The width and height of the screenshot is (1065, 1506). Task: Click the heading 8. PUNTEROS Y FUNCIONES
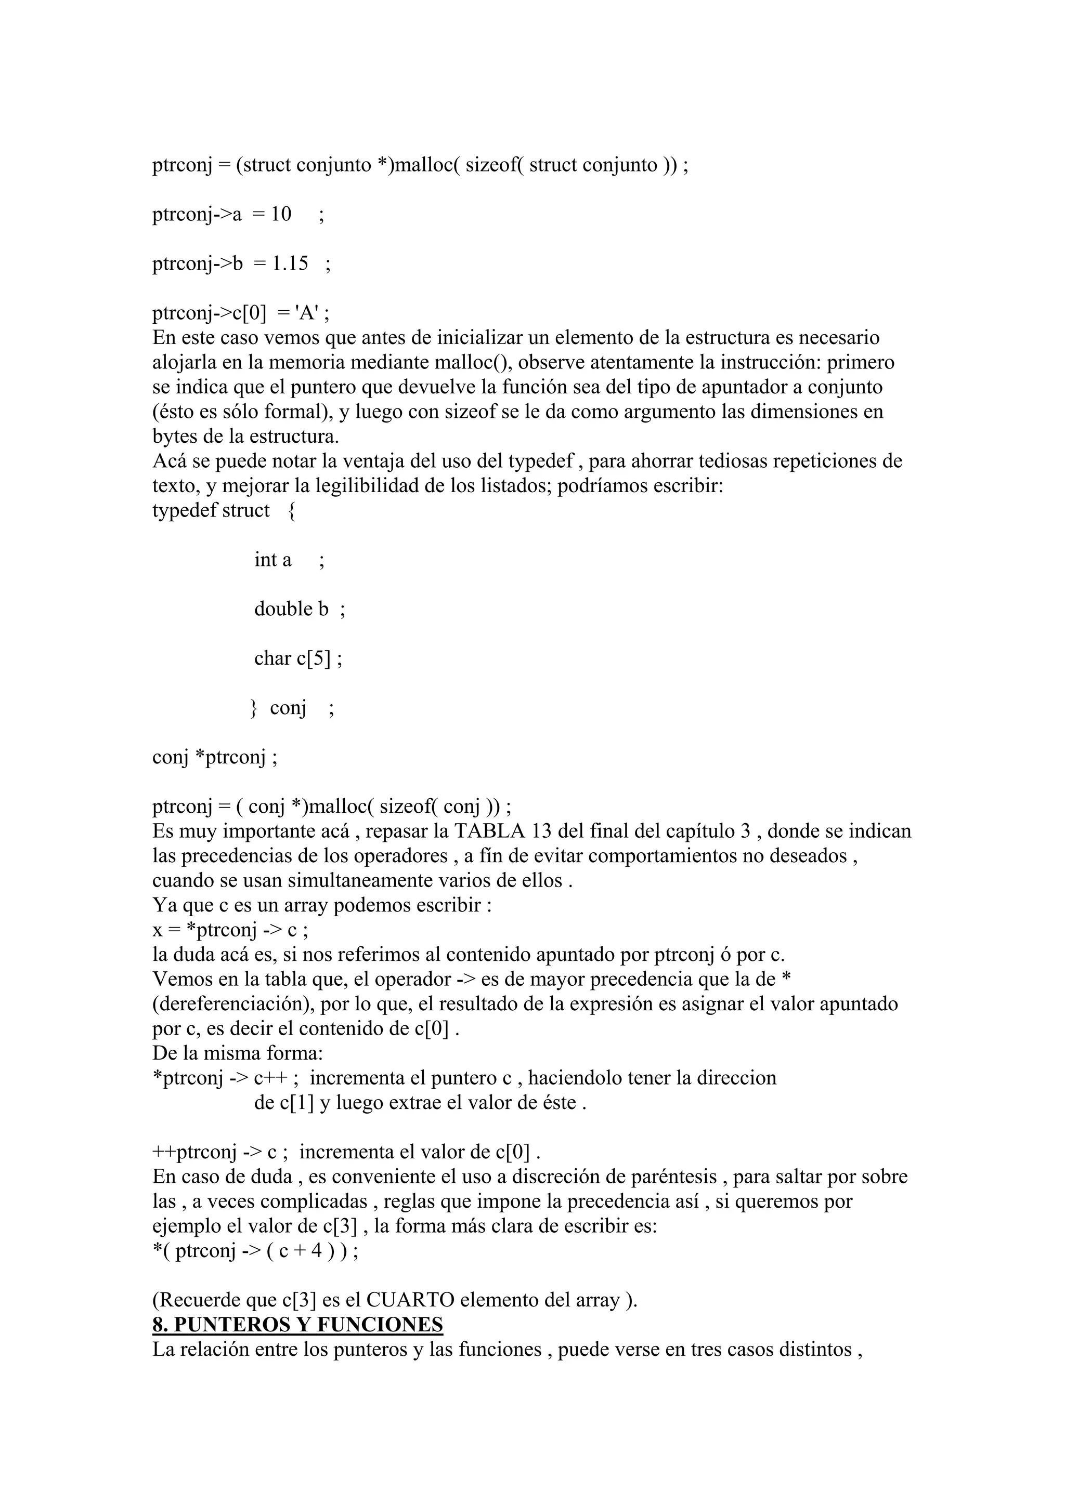pos(297,1324)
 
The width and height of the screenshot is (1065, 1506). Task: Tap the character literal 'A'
pos(306,313)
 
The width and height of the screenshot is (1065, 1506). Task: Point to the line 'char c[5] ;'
pos(298,658)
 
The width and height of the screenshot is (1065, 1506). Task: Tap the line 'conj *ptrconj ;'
pos(215,757)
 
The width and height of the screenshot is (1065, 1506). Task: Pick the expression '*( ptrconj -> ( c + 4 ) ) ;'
pos(255,1251)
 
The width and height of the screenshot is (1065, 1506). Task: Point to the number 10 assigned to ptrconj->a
pos(281,215)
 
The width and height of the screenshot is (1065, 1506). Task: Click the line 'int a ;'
pos(289,560)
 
